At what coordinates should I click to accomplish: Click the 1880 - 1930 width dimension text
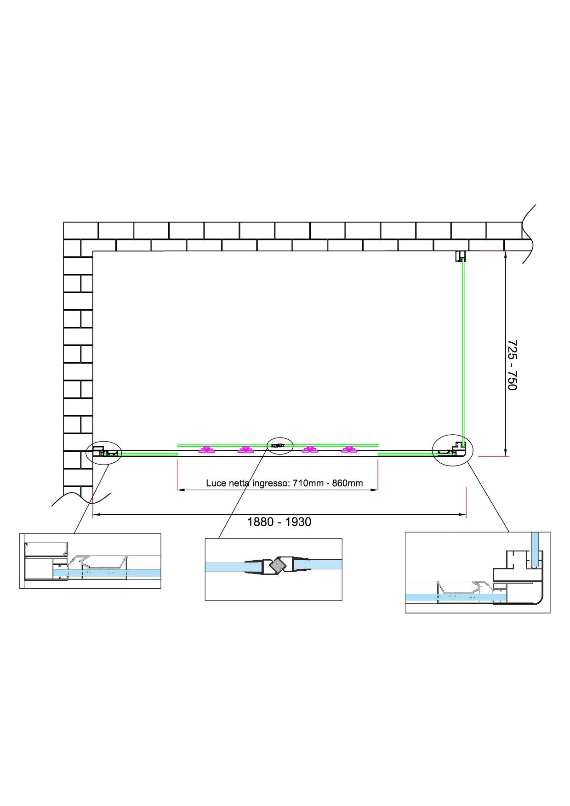279,522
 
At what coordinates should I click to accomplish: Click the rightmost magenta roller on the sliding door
349,450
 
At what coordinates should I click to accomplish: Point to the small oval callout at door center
280,445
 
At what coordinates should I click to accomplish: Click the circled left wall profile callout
104,452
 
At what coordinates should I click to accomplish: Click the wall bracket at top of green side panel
460,256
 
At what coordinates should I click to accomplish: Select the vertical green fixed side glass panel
463,349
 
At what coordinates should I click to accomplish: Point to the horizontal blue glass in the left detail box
115,573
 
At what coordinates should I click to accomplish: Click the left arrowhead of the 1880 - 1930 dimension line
95,515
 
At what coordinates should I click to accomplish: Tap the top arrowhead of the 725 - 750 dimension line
505,253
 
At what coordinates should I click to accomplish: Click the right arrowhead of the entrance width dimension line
376,490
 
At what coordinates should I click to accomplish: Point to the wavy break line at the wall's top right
529,234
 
